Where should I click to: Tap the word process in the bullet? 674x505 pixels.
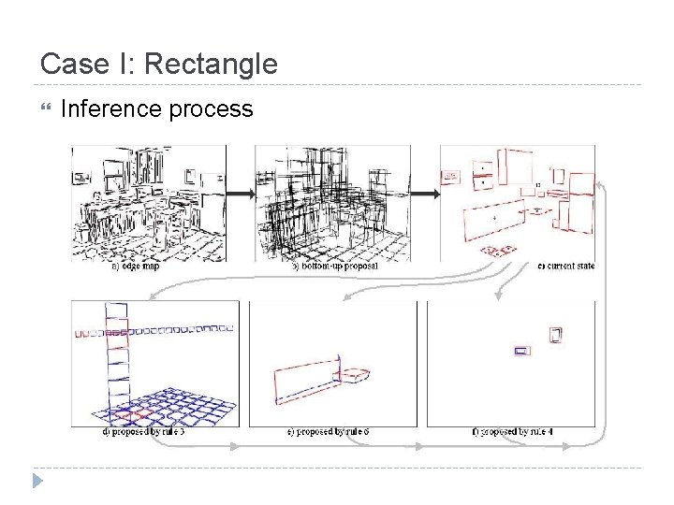point(213,110)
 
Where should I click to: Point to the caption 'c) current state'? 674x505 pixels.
point(566,267)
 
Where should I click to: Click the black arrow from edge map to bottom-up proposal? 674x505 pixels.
point(241,195)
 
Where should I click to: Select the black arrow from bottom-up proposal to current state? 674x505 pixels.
point(425,195)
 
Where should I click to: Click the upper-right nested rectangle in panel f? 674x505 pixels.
point(557,335)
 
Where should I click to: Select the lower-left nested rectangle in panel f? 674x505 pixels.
point(522,352)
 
